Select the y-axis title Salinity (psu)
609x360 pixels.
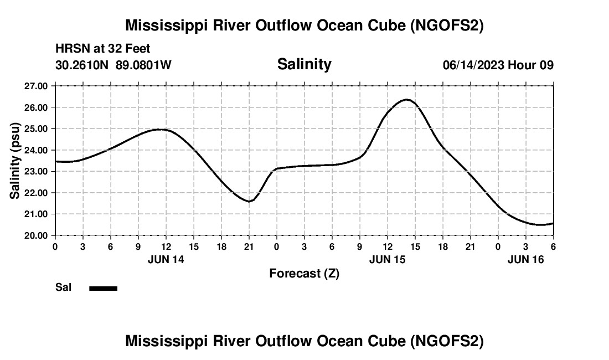point(15,161)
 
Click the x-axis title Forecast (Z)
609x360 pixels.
point(304,273)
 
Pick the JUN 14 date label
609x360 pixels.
point(166,259)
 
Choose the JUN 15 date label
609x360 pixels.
point(387,259)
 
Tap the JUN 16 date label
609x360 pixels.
point(526,259)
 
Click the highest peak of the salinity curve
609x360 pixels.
point(407,100)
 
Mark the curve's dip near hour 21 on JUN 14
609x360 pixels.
point(249,201)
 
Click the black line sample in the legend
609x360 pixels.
point(103,288)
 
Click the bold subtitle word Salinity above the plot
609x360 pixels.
point(304,64)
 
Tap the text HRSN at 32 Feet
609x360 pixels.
point(102,49)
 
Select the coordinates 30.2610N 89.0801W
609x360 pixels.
point(113,65)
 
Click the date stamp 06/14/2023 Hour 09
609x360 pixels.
point(498,65)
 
